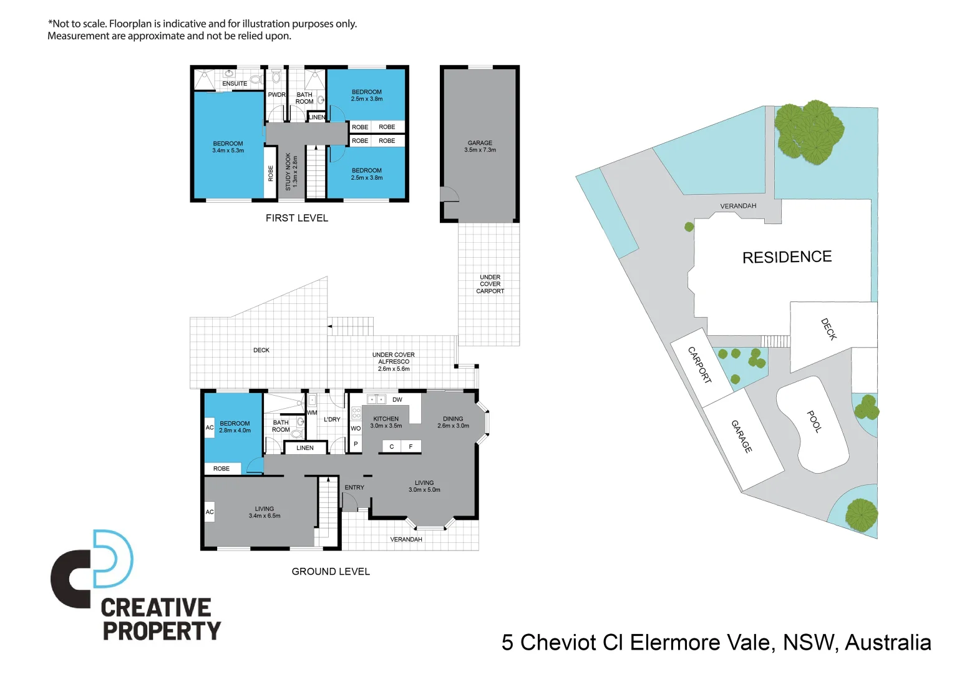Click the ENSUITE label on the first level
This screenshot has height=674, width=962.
[235, 84]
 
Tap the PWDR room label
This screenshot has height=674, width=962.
[276, 95]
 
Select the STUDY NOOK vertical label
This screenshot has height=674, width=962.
[291, 172]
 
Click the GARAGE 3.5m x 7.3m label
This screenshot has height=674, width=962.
[480, 147]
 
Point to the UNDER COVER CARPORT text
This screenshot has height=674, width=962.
[490, 284]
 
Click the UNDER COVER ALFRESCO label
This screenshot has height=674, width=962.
[393, 361]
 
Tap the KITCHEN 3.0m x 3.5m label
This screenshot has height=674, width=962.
[386, 422]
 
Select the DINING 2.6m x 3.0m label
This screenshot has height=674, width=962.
[453, 422]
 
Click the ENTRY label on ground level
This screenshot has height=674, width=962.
[354, 487]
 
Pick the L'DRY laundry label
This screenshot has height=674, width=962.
[332, 419]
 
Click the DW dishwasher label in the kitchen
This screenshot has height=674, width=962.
[397, 399]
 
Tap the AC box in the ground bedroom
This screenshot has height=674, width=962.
[210, 427]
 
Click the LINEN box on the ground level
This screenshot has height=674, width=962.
[305, 447]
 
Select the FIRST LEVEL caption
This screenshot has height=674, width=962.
[296, 218]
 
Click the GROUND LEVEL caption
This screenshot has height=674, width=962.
[331, 572]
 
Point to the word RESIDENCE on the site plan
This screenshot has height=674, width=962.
[787, 257]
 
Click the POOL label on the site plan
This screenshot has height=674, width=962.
[814, 421]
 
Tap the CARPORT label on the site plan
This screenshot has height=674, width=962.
[699, 365]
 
